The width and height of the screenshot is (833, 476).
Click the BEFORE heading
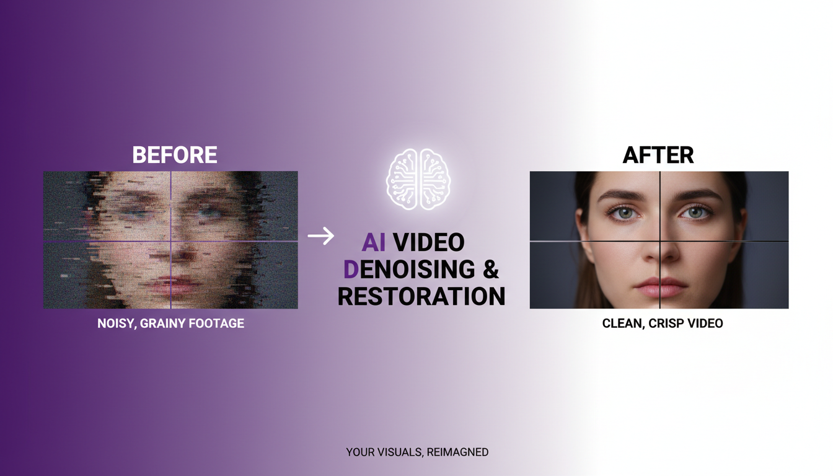pyautogui.click(x=175, y=155)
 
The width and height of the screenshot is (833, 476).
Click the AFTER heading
pyautogui.click(x=658, y=155)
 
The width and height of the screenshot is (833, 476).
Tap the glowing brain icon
pyautogui.click(x=418, y=178)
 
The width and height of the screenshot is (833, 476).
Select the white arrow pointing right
pyautogui.click(x=320, y=236)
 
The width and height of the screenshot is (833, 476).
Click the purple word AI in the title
pyautogui.click(x=374, y=242)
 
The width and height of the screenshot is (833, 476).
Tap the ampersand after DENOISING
pyautogui.click(x=490, y=270)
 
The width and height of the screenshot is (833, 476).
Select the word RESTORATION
pyautogui.click(x=421, y=296)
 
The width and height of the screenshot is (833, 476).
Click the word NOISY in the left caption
pyautogui.click(x=116, y=324)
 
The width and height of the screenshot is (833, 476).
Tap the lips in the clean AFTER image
pyautogui.click(x=659, y=286)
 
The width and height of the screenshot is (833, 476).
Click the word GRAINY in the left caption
pyautogui.click(x=163, y=324)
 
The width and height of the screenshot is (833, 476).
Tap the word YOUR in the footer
pyautogui.click(x=360, y=452)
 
